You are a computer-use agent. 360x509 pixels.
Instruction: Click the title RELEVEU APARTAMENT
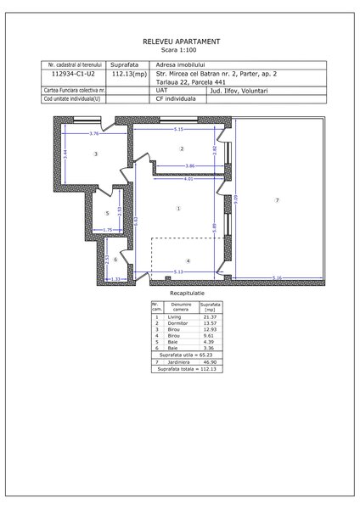179,40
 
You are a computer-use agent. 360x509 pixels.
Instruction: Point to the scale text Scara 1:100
179,49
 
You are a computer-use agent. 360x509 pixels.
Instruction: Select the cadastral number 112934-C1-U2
74,74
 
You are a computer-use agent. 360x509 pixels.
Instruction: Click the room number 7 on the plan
277,199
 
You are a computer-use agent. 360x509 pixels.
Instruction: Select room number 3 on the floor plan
96,154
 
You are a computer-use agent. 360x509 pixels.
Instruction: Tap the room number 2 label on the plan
182,148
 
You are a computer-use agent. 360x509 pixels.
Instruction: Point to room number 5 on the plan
107,213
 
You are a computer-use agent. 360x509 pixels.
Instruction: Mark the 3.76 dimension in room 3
96,134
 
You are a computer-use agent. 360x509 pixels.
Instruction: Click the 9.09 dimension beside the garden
238,200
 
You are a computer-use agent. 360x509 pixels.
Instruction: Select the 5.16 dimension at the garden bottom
278,279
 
